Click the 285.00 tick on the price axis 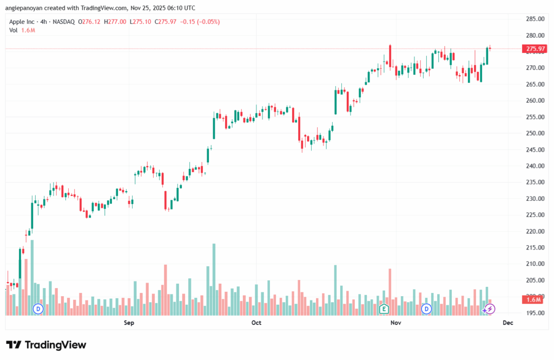(x=535, y=19)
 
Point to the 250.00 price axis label (x=535, y=133)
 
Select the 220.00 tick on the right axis (x=535, y=231)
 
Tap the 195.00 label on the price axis (x=535, y=313)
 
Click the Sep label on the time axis (x=129, y=323)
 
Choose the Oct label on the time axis (x=256, y=323)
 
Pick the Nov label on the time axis (x=396, y=323)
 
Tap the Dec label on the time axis (x=507, y=323)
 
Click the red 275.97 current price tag (x=535, y=49)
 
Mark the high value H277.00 (x=116, y=22)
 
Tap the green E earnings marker (x=384, y=309)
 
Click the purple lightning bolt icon (x=490, y=309)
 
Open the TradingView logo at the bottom (x=46, y=345)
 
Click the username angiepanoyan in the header (x=30, y=8)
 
